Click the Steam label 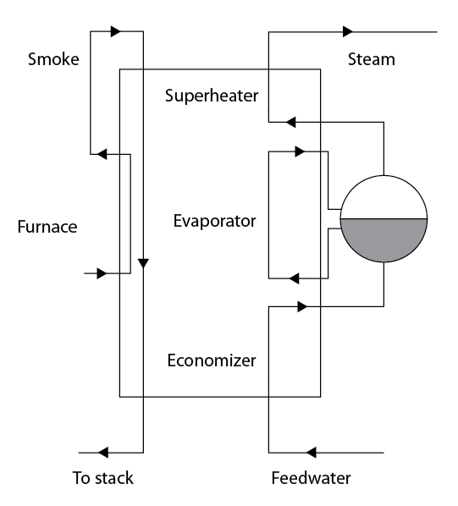[x=371, y=60]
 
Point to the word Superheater [x=212, y=95]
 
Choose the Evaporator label [x=214, y=221]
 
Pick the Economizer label [x=212, y=360]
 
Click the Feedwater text [x=310, y=478]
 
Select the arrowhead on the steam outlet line [x=347, y=32]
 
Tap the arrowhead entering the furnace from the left [x=102, y=273]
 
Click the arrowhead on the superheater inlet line [x=290, y=122]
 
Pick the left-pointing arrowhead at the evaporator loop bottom [x=293, y=278]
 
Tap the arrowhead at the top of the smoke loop [x=116, y=32]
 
